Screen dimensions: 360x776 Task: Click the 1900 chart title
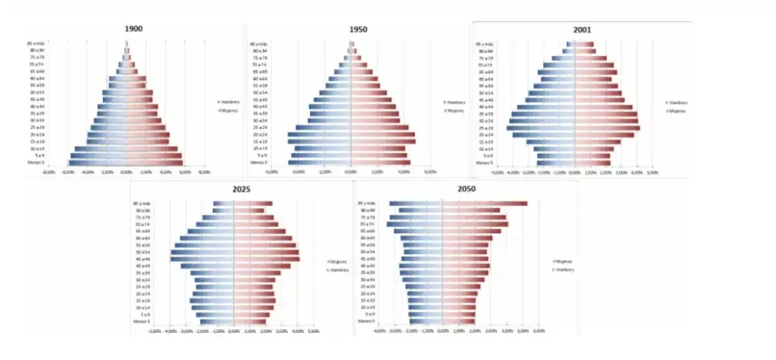[x=133, y=29]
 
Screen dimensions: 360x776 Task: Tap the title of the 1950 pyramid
[x=358, y=29]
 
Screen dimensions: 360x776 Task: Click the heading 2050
[x=456, y=189]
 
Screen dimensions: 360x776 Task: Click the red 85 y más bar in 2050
[x=485, y=203]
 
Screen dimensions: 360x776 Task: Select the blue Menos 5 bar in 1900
[x=97, y=162]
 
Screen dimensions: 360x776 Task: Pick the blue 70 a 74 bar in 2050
[x=415, y=224]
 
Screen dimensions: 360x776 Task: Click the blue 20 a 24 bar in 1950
[x=318, y=135]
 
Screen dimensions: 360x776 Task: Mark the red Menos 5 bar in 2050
[x=459, y=321]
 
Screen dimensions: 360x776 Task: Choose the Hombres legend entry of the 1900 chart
[x=227, y=101]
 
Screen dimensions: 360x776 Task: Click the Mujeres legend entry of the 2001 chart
[x=677, y=111]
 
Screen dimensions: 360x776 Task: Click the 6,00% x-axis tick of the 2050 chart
[x=540, y=331]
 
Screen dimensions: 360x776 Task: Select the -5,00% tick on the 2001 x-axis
[x=497, y=172]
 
